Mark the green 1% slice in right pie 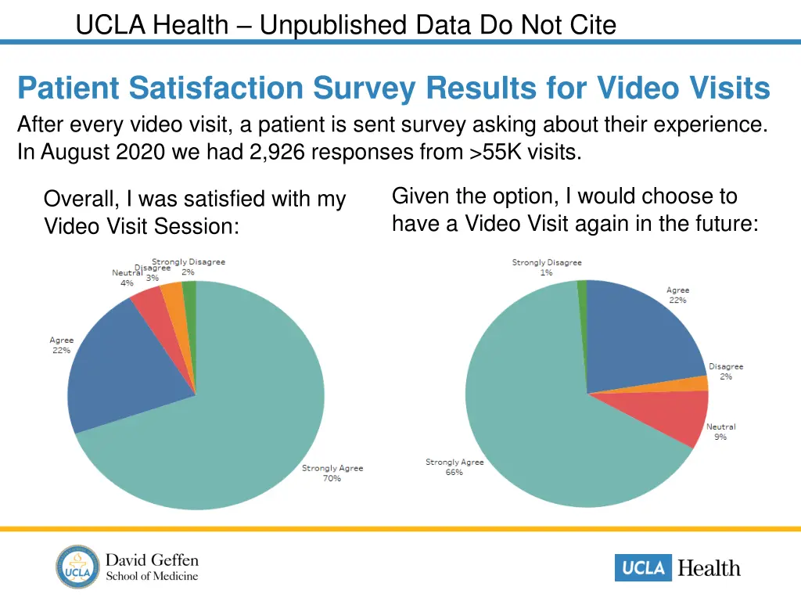[x=582, y=293]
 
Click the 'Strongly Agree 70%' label [x=332, y=473]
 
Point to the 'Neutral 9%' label [x=720, y=432]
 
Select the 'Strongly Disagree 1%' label [x=547, y=268]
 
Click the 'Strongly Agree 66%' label [x=454, y=467]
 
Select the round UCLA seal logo [x=78, y=567]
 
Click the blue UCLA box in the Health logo [x=643, y=568]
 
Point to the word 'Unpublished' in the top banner [x=332, y=26]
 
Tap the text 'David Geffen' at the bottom [x=152, y=560]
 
